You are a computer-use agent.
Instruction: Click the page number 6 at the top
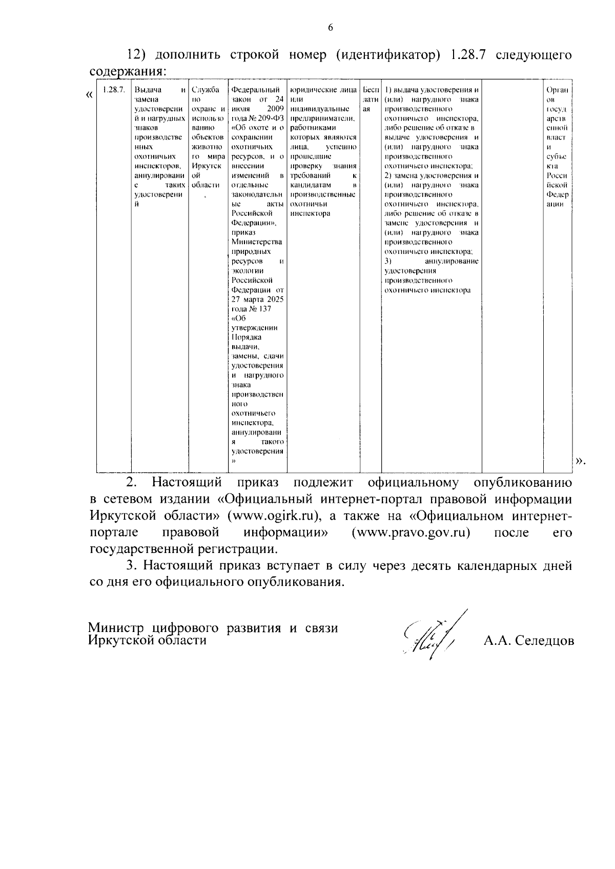[x=330, y=28]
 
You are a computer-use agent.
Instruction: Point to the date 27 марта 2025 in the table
[x=257, y=300]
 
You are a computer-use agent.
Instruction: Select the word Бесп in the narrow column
[x=370, y=90]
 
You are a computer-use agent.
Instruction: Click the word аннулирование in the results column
[x=451, y=262]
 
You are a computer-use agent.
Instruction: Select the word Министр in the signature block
[x=117, y=628]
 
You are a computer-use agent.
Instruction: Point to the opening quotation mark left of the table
[x=90, y=95]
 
